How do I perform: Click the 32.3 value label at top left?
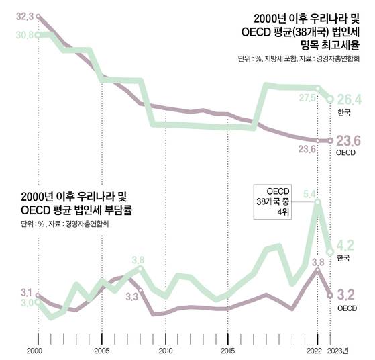pos(25,14)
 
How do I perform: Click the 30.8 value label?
pos(25,34)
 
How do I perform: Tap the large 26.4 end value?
pos(349,99)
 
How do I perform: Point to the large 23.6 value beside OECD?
pos(349,140)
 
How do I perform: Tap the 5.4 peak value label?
pos(310,194)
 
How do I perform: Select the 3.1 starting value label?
pos(26,292)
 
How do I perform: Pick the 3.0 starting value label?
pos(25,304)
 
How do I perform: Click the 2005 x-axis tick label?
pos(101,351)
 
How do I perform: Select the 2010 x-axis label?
pos(165,351)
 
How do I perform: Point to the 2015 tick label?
pos(229,351)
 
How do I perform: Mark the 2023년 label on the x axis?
pos(340,351)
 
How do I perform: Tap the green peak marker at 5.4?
pos(317,201)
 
